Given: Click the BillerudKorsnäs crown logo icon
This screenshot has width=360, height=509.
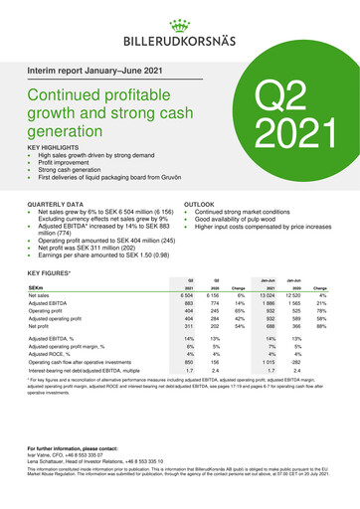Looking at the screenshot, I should [x=180, y=19].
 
